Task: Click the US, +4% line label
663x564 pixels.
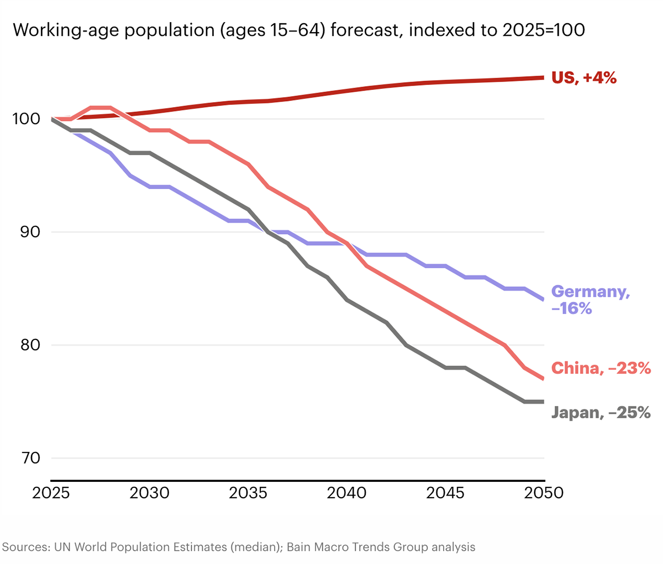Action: (x=584, y=78)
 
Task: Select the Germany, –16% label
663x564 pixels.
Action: (x=590, y=300)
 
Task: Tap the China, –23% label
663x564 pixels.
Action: (x=601, y=368)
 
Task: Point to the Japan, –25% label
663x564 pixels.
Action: (x=601, y=412)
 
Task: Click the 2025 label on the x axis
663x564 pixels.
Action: (x=51, y=493)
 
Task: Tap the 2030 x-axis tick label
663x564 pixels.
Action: (x=150, y=493)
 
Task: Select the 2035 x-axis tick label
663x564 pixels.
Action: (x=248, y=493)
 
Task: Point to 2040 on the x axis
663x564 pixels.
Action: (x=346, y=493)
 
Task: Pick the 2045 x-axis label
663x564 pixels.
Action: (x=445, y=493)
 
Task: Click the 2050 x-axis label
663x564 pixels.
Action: (x=544, y=493)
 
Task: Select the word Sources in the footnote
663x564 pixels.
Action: (x=25, y=547)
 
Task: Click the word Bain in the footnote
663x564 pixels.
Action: (x=299, y=547)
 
